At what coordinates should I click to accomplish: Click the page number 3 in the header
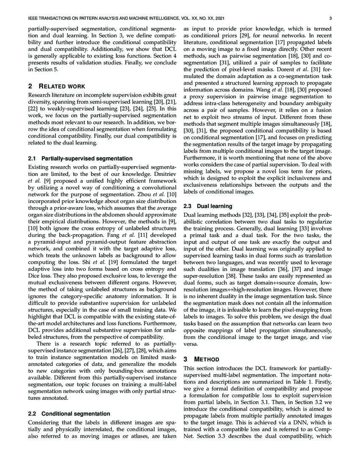(329, 19)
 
